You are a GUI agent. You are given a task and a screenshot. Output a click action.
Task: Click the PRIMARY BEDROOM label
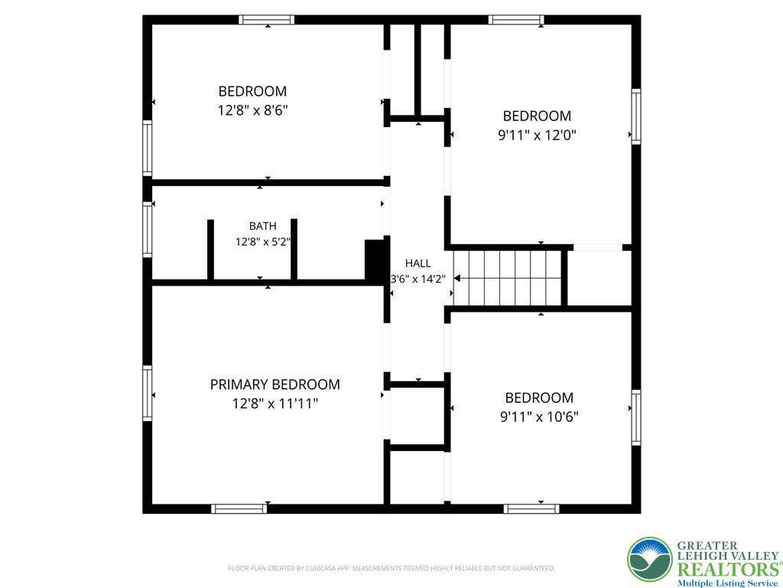275,384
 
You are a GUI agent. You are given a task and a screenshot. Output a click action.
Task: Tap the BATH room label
263,226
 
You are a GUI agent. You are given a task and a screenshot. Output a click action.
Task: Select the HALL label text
418,263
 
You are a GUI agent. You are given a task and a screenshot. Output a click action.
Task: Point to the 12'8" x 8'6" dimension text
252,110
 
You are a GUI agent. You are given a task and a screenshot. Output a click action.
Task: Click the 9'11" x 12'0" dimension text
537,135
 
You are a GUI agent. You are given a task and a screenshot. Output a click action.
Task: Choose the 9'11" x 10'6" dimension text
539,416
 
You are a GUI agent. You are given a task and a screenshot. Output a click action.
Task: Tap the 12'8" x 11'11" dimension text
275,403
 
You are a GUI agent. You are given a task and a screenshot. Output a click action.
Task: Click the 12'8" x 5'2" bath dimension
263,242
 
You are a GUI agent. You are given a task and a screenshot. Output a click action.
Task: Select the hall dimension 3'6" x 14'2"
417,279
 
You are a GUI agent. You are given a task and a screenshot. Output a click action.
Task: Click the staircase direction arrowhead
456,279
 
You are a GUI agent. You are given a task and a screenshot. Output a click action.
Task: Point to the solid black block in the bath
375,260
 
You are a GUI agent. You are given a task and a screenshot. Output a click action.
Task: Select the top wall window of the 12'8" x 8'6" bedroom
266,20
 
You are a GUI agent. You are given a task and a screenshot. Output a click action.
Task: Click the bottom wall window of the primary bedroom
239,509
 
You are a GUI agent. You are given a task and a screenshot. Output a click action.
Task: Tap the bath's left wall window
148,230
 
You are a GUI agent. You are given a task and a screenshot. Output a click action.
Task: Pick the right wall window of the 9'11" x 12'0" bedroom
636,116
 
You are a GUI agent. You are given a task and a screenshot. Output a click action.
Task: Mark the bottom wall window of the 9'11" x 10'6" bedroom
531,509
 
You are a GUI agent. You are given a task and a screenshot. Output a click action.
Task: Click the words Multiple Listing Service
728,583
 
